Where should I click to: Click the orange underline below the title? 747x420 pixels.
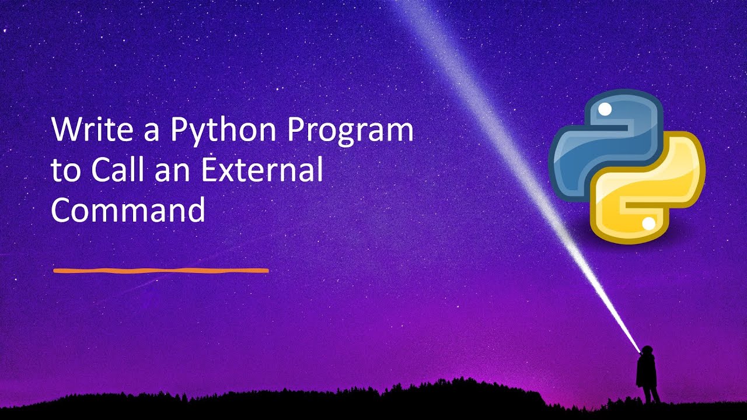pos(160,271)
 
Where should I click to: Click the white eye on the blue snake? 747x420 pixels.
pos(605,109)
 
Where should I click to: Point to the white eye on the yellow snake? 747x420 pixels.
pos(648,223)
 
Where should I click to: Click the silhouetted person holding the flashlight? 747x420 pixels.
pos(647,373)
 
